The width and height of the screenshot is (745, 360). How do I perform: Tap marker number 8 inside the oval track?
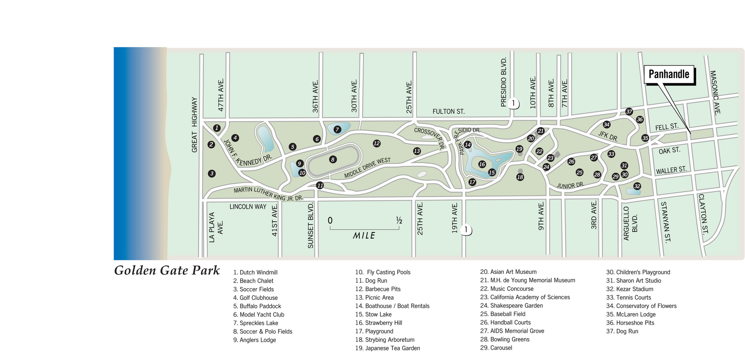(x=333, y=159)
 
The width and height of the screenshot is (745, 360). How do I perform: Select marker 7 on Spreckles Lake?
(x=337, y=129)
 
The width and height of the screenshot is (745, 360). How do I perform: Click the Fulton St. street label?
(x=448, y=112)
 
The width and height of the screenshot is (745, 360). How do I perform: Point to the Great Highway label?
(x=194, y=125)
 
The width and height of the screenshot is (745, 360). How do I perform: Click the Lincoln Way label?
(x=248, y=207)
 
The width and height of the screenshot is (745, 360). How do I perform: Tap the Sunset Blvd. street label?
(x=311, y=225)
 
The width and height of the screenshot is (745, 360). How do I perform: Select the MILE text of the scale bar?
(x=364, y=236)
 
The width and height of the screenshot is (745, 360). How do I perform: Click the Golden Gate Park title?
(x=167, y=270)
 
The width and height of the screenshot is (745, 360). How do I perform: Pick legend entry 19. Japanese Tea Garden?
(x=387, y=348)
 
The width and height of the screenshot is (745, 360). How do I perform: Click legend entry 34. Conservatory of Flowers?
(x=641, y=306)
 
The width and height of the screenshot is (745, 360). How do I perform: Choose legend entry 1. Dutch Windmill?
(x=255, y=272)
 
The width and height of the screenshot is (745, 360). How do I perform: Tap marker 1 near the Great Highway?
(x=217, y=128)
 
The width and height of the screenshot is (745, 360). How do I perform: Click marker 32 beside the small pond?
(x=637, y=186)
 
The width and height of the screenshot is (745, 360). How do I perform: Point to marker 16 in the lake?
(x=482, y=164)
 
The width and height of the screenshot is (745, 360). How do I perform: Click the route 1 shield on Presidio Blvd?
(x=513, y=104)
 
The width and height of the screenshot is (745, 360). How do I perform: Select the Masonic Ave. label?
(x=715, y=93)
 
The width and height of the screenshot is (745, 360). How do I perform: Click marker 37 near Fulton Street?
(x=629, y=112)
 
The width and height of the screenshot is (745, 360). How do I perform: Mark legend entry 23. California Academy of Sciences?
(x=525, y=297)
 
